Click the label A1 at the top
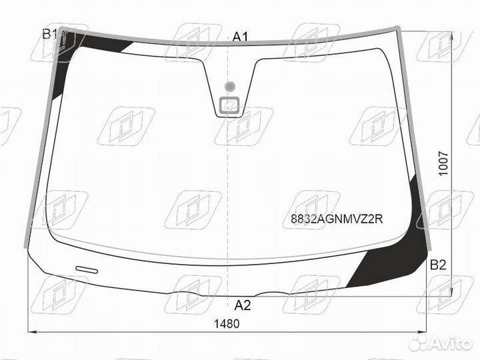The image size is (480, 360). coord(240,37)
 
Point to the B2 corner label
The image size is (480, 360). coord(437,265)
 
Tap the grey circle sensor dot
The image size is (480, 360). coord(230,86)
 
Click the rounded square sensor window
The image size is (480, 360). coord(230,105)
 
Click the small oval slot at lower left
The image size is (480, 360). coord(86,269)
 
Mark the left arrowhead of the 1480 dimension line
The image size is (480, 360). coord(31,331)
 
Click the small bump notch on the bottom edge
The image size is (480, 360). coord(276,293)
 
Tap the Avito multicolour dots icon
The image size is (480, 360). coord(419,343)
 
